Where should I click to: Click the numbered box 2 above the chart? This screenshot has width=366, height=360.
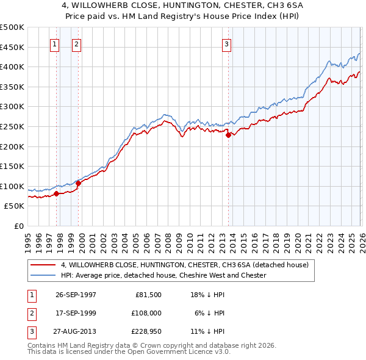click(76, 43)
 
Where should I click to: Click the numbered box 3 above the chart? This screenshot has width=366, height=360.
click(226, 43)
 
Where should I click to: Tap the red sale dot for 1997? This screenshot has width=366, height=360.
click(57, 193)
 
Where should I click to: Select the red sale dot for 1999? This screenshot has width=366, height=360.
click(78, 183)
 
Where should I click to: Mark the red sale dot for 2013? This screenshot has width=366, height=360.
click(228, 135)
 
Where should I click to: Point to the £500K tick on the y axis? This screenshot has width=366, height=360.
click(12, 27)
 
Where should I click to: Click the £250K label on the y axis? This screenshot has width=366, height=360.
click(12, 126)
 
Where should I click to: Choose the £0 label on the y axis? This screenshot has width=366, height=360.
click(20, 226)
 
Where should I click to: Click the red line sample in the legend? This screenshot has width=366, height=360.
click(43, 265)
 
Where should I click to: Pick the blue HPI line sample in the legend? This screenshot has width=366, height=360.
click(43, 275)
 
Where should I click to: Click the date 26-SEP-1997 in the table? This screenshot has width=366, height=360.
click(76, 294)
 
